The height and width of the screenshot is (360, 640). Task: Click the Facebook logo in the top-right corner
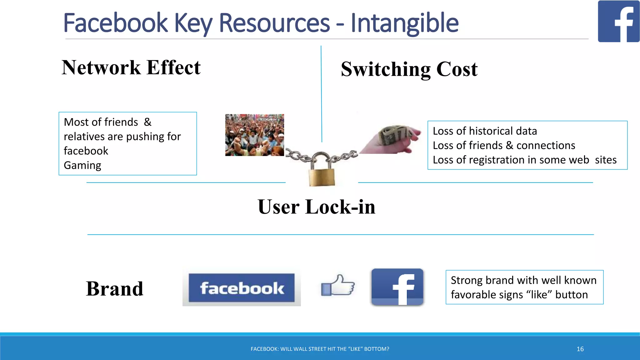[x=618, y=21]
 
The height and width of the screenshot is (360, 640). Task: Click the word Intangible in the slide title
[x=404, y=23]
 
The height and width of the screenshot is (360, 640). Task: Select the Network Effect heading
[x=131, y=67]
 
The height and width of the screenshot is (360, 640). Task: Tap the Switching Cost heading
[x=409, y=69]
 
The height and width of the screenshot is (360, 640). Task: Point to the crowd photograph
[x=254, y=135]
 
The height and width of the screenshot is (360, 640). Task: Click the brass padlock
[x=322, y=173]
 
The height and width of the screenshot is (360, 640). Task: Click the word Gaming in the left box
[x=82, y=165]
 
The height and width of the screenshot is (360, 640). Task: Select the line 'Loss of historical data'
[x=485, y=131]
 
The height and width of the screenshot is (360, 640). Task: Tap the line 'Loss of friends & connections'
[x=504, y=145]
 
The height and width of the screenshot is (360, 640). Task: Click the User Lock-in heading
[x=316, y=207]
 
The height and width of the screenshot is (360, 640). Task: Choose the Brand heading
[x=115, y=288]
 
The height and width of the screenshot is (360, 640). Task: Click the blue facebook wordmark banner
[x=242, y=288]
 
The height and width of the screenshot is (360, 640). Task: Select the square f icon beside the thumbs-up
[x=397, y=287]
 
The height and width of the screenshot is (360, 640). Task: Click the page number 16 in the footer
[x=580, y=349]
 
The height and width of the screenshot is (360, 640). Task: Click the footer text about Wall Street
[x=320, y=349]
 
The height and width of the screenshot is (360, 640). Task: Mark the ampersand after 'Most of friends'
[x=147, y=122]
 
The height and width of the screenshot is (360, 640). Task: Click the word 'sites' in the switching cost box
[x=606, y=160]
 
